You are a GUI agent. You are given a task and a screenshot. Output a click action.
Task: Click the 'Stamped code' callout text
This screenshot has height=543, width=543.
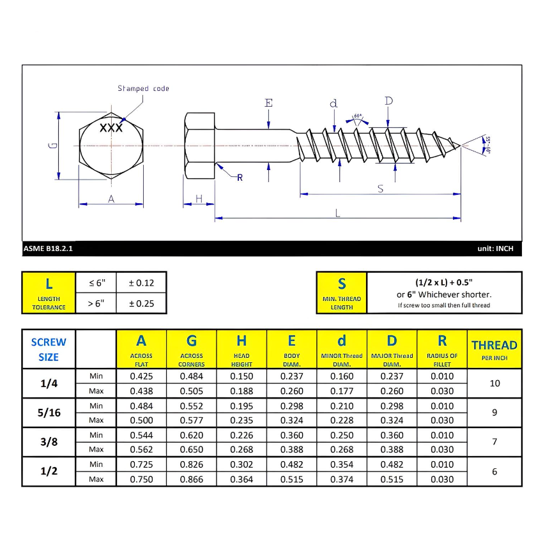(x=143, y=88)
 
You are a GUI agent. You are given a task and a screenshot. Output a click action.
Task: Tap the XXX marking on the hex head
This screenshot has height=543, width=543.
(x=111, y=128)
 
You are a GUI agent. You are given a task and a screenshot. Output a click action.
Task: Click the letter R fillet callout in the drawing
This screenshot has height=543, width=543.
(x=240, y=178)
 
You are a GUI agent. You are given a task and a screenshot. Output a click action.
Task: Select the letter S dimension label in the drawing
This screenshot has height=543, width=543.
(x=381, y=188)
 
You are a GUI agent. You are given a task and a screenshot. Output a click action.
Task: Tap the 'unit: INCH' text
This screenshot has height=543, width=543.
(x=495, y=249)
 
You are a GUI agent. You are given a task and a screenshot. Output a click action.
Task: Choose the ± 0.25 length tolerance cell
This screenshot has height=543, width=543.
(x=142, y=303)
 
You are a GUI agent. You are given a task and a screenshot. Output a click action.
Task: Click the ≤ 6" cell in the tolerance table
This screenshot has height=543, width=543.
(x=96, y=282)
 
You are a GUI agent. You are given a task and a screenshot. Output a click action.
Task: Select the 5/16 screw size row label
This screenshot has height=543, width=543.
(x=49, y=413)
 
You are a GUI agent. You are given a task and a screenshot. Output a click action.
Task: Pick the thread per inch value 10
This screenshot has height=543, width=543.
(x=494, y=383)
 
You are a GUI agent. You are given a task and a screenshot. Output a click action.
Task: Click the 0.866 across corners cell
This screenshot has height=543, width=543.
(x=192, y=479)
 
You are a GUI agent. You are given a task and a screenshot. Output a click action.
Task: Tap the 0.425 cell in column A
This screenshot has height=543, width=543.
(x=141, y=376)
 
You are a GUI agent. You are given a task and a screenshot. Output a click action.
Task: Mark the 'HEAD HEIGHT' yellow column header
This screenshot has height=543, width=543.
(x=241, y=349)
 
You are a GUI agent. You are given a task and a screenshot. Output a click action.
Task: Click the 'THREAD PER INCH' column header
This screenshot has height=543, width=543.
(x=494, y=349)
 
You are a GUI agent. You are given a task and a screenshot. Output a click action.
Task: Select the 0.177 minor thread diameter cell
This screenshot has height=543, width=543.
(x=342, y=391)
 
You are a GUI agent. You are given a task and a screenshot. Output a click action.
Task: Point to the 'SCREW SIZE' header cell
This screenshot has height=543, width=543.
(x=49, y=349)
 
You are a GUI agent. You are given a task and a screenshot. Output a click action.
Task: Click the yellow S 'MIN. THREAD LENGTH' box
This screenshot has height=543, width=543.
(x=342, y=293)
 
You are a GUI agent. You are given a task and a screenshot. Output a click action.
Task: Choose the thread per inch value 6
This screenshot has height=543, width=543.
(x=494, y=471)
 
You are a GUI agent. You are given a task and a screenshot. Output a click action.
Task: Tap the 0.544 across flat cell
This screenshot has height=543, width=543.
(x=141, y=435)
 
